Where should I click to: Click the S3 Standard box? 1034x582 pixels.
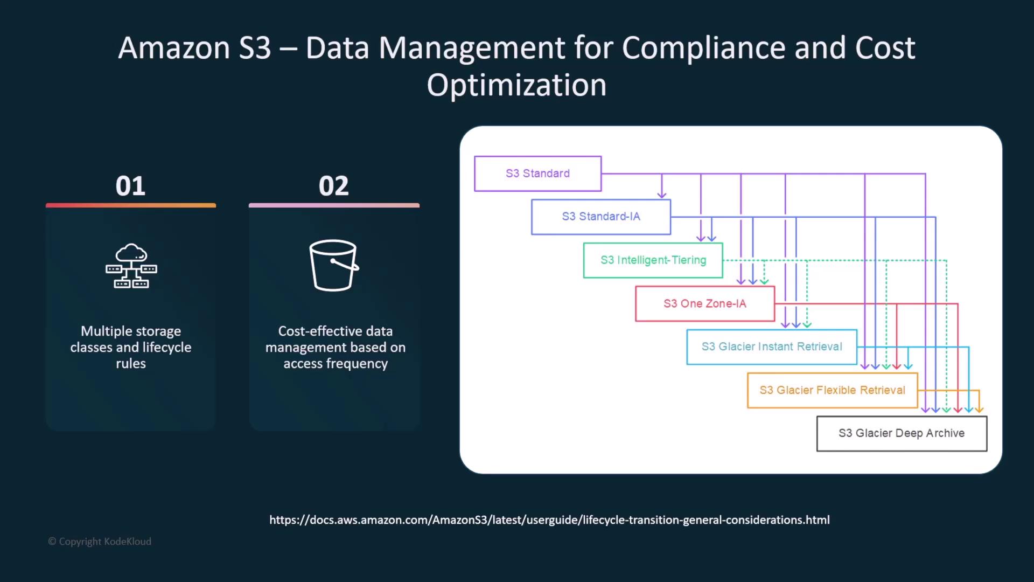point(537,174)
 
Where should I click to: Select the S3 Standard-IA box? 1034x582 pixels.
point(601,217)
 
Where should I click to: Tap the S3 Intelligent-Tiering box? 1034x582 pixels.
point(653,260)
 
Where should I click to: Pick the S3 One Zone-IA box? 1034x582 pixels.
point(705,304)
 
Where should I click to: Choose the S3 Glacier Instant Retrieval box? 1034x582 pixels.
point(772,347)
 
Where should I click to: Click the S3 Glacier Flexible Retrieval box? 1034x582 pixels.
point(833,390)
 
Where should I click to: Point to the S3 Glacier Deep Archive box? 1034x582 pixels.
point(902,433)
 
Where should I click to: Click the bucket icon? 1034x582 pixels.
point(334,265)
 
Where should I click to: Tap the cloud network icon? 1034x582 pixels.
point(131,266)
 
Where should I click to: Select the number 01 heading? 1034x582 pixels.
point(130,186)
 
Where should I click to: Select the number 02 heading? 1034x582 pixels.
point(334,186)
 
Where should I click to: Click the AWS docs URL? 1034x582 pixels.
point(549,520)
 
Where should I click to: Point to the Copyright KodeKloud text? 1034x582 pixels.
point(100,542)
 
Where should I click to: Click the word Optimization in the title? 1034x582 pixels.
point(516,85)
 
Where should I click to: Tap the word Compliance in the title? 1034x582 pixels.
point(703,48)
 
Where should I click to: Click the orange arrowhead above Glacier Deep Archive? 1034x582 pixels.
point(979,410)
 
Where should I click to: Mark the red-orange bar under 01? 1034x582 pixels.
point(131,205)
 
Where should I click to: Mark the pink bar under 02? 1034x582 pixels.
point(334,205)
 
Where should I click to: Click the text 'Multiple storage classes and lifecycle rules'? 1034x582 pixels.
point(131,347)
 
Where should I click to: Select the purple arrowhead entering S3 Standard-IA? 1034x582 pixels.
point(662,195)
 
